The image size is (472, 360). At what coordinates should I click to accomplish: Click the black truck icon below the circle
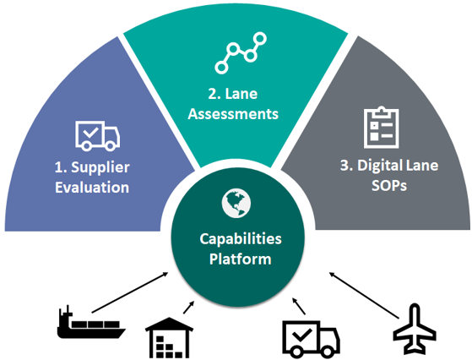310,333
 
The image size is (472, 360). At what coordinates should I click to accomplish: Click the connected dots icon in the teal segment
240,52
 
